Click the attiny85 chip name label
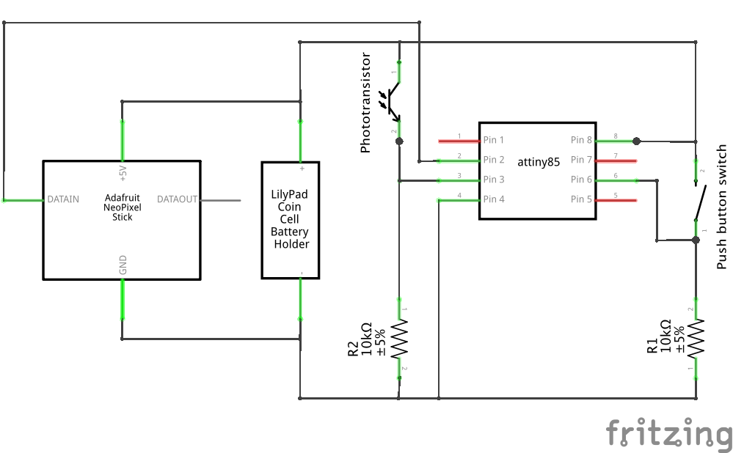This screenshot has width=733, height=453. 539,162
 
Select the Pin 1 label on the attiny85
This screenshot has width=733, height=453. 494,139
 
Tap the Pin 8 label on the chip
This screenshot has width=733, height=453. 581,139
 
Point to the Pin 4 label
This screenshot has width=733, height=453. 494,199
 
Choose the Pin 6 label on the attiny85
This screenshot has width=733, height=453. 581,180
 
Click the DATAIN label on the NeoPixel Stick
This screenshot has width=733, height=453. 63,199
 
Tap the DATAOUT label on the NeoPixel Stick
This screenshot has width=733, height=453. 177,199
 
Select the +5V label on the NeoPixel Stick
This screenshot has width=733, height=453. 123,173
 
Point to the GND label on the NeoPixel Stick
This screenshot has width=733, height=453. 123,265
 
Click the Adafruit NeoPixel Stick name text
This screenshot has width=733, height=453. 122,207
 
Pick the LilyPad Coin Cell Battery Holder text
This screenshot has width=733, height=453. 290,219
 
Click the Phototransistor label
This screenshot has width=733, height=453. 365,103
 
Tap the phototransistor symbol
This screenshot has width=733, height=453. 392,101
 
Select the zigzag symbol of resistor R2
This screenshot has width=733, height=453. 400,339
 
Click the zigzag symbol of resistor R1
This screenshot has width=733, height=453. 696,339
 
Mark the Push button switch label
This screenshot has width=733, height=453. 721,207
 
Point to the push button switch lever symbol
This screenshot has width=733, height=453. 700,203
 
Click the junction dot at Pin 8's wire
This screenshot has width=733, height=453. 636,141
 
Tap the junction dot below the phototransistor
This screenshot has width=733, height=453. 399,141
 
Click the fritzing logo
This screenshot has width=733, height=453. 669,433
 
